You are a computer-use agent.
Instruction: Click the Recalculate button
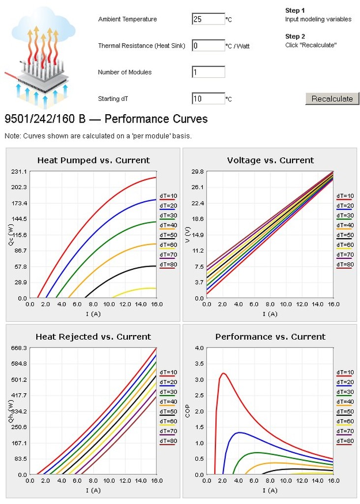tap(332, 98)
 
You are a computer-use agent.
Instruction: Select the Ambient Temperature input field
tap(208, 19)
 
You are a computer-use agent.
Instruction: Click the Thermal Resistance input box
tap(208, 46)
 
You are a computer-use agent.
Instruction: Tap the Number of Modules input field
tap(208, 72)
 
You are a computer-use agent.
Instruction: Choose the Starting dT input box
tap(208, 99)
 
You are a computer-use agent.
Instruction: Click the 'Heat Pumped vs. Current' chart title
tap(93, 160)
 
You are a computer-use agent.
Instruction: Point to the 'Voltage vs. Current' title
tap(270, 160)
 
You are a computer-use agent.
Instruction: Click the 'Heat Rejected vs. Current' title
tap(93, 337)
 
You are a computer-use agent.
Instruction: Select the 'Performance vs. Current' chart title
tap(270, 337)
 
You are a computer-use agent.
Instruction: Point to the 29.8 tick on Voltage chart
tap(197, 171)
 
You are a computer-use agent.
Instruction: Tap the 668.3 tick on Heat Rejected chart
tap(18, 348)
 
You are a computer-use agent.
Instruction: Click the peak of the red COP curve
tap(223, 373)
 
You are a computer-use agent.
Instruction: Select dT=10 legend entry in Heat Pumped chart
tap(168, 196)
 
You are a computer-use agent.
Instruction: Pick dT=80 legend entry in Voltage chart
tap(345, 264)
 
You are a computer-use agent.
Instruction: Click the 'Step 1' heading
tap(295, 10)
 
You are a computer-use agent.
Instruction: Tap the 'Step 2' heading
tap(295, 36)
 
